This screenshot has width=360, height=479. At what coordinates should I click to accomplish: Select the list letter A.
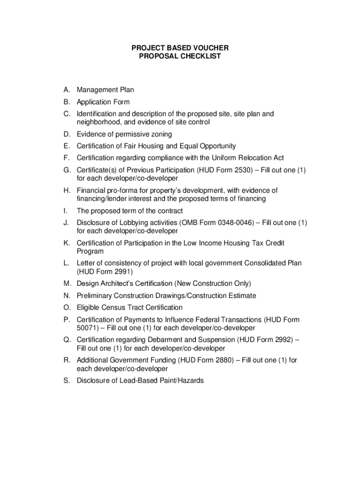(x=67, y=90)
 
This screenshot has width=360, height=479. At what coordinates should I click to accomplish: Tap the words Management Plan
(x=105, y=90)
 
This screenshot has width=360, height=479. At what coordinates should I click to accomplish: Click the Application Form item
(x=103, y=102)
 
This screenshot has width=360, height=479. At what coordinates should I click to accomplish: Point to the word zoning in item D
(x=161, y=134)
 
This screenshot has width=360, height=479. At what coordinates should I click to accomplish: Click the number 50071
(x=87, y=328)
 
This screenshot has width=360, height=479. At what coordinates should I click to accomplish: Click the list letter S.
(x=67, y=381)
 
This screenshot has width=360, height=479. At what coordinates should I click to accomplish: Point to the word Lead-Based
(x=133, y=381)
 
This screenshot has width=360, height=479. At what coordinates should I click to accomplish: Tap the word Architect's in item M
(x=133, y=283)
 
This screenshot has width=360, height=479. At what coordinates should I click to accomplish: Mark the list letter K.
(x=67, y=243)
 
